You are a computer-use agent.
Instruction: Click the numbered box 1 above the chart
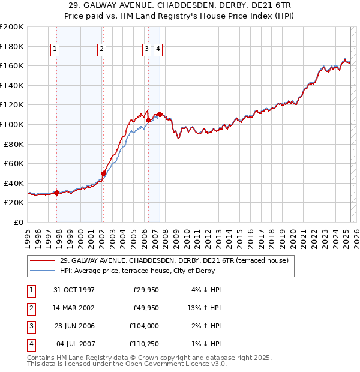[x=55, y=50]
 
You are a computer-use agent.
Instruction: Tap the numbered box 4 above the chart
[x=158, y=50]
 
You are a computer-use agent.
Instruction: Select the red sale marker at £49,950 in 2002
[x=103, y=173]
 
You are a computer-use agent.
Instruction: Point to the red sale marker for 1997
[x=57, y=193]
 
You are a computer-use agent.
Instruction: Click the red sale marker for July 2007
[x=160, y=113]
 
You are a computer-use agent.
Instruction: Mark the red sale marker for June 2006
[x=148, y=120]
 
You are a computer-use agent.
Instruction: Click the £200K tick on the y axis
[x=12, y=27]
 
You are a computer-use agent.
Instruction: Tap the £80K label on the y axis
[x=14, y=144]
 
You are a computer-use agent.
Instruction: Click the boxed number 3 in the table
[x=30, y=326]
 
